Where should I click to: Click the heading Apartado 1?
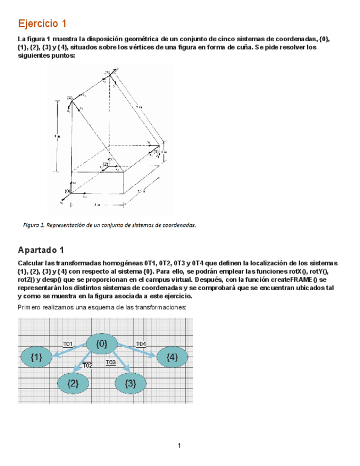[41, 250]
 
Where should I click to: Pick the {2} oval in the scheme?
[73, 384]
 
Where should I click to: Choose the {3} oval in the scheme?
[130, 384]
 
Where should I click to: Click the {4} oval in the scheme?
[171, 358]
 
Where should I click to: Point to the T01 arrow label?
[68, 344]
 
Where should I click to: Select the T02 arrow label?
[87, 365]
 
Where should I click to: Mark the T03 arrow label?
[110, 363]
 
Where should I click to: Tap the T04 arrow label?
[141, 344]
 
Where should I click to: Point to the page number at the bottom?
[180, 445]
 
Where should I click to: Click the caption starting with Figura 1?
[109, 225]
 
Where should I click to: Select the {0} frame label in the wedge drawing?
[68, 191]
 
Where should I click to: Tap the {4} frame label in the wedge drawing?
[69, 98]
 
